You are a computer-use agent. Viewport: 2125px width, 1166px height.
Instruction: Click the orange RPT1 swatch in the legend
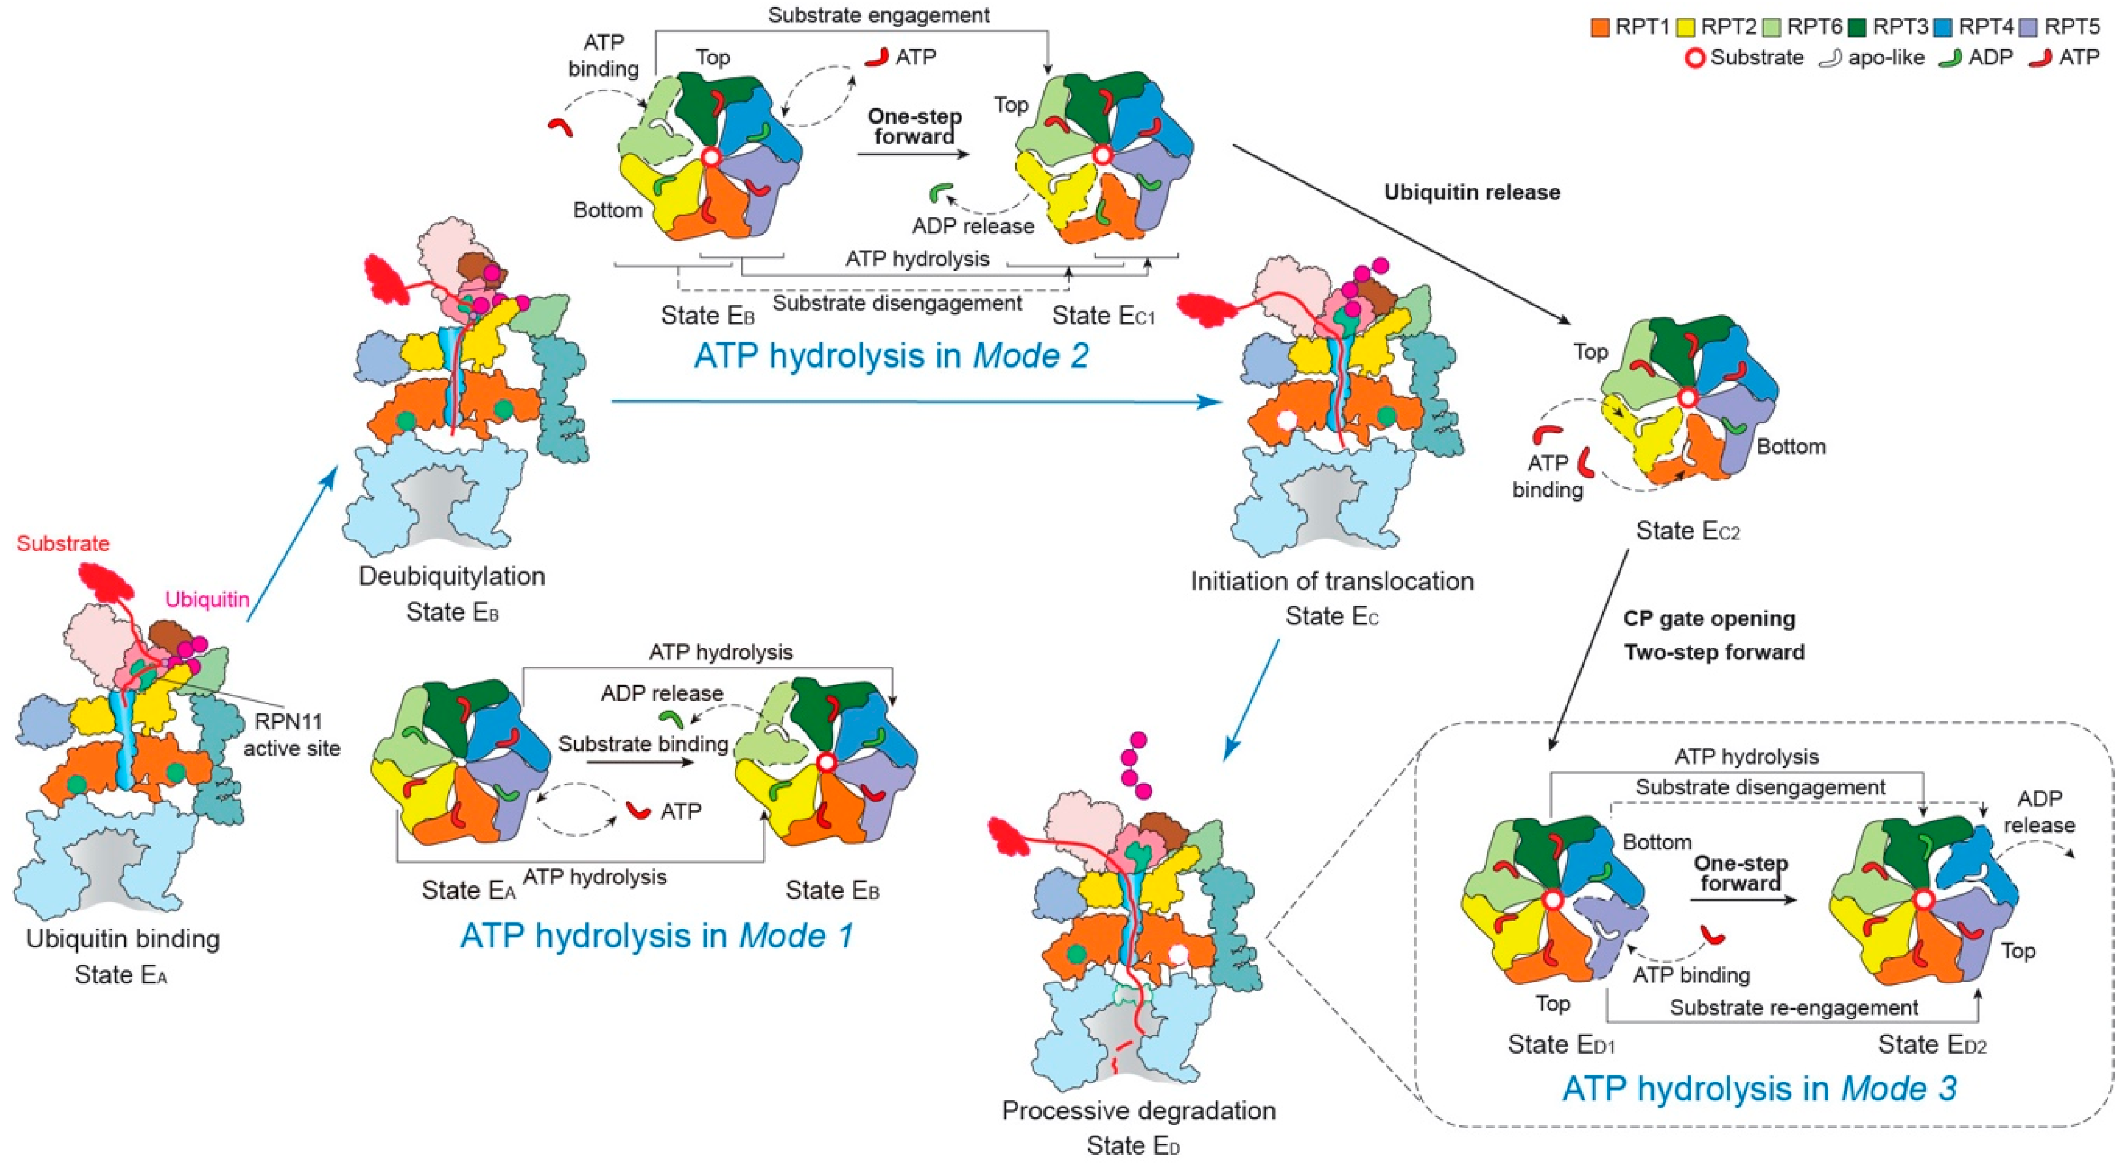[x=1600, y=27]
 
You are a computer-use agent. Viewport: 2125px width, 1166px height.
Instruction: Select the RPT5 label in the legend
[x=2071, y=27]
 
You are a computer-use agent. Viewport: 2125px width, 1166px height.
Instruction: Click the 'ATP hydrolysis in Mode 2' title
[x=891, y=356]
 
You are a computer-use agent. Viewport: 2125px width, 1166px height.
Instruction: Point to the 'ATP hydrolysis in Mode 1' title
[x=657, y=936]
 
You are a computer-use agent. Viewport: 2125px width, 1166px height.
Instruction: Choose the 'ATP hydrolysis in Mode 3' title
[x=1759, y=1088]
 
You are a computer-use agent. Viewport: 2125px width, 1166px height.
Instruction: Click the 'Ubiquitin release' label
[x=1472, y=192]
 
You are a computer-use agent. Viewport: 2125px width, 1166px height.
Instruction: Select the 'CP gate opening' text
[x=1709, y=619]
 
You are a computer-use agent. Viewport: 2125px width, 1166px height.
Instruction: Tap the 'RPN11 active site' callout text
[x=290, y=735]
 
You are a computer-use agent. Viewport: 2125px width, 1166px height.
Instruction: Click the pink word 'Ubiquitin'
[x=207, y=599]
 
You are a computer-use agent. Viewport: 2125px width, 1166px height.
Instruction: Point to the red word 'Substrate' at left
[x=63, y=544]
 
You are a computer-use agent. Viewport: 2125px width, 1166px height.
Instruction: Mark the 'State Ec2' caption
[x=1687, y=531]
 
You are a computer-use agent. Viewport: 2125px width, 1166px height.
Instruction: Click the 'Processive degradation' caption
[x=1139, y=1111]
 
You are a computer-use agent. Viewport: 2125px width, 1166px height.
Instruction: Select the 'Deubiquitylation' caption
[x=452, y=576]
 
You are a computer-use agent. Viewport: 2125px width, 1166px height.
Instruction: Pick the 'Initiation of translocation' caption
[x=1331, y=581]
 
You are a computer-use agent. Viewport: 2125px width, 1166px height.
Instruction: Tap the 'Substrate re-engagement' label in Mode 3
[x=1794, y=1007]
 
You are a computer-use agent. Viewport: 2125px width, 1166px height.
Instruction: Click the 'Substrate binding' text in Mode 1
[x=643, y=744]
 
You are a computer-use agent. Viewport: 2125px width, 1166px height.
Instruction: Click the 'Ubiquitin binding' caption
[x=123, y=939]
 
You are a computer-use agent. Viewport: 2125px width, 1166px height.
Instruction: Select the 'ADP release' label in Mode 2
[x=973, y=226]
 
